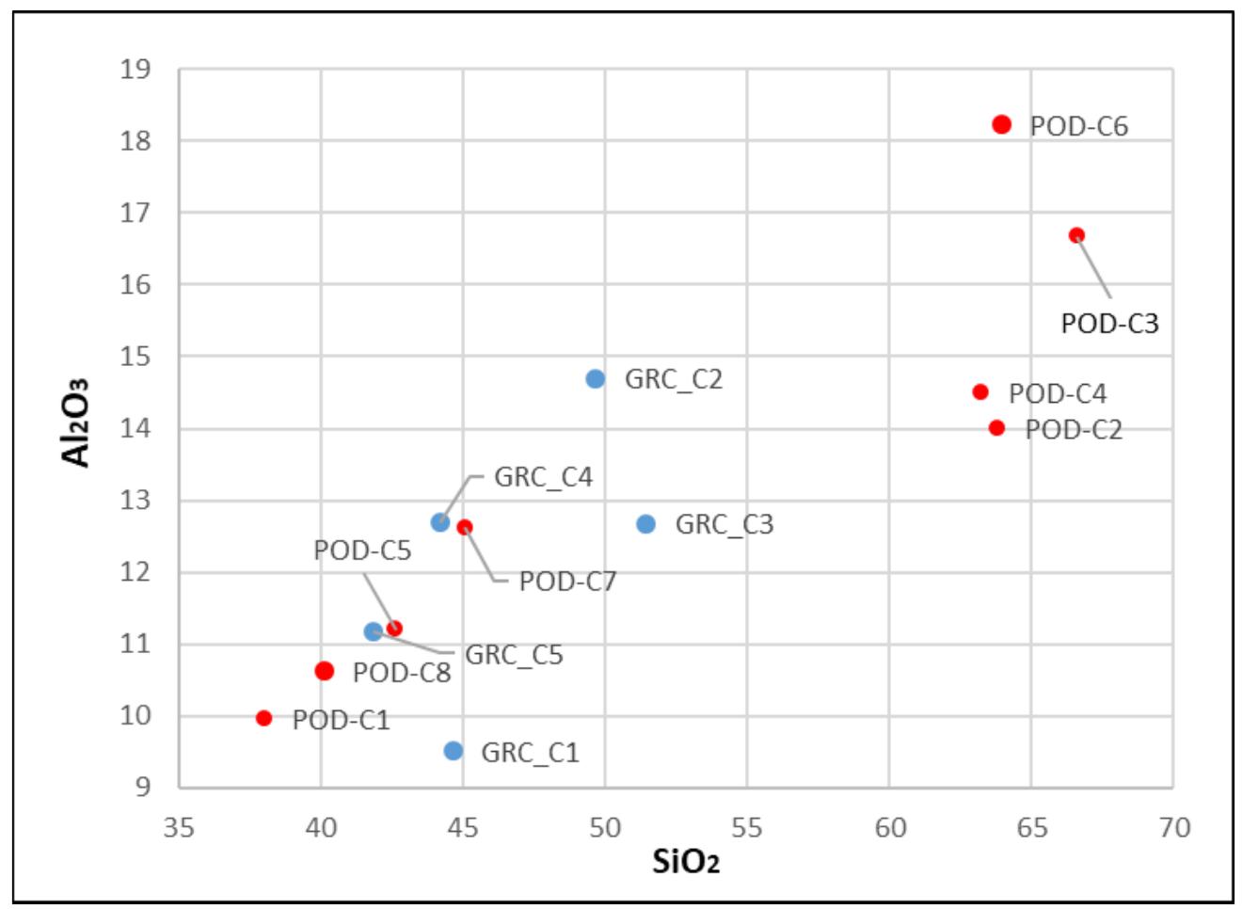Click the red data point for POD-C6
1001,124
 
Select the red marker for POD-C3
1076,235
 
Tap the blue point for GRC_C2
595,378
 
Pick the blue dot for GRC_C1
454,750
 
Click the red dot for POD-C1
264,718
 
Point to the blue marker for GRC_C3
645,523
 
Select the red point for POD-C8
325,671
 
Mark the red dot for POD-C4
980,391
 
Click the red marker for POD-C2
997,428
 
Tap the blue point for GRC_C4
440,522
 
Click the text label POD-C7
567,582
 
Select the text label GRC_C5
514,654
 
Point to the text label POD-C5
362,550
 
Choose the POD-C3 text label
1109,323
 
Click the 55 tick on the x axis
747,827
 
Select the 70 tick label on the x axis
1172,827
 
